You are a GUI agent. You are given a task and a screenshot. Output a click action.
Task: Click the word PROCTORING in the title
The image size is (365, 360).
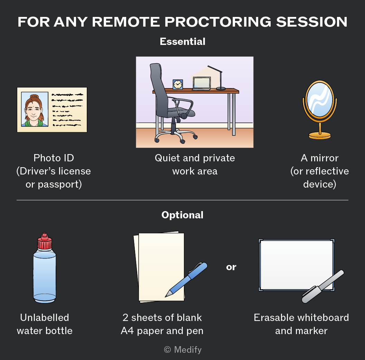pos(218,22)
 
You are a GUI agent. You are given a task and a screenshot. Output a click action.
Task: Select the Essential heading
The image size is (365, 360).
pos(182,42)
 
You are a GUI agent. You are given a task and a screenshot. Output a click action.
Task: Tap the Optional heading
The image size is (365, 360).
pos(182,215)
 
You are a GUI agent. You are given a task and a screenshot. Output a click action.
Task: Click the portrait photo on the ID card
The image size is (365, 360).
pos(35,109)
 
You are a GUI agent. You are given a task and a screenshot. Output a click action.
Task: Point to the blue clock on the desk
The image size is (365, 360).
pos(178,84)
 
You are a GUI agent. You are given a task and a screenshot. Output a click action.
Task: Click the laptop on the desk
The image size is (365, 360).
pos(202,84)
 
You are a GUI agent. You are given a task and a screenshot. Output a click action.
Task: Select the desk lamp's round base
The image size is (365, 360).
pos(221,88)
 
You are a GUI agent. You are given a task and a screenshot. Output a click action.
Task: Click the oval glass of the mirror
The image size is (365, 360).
pos(320,100)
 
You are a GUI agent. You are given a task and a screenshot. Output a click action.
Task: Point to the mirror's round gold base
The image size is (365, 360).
pos(320,135)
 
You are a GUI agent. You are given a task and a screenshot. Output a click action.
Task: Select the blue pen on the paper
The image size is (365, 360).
pos(186,280)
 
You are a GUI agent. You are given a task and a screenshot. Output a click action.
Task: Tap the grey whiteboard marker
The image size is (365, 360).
pos(322,286)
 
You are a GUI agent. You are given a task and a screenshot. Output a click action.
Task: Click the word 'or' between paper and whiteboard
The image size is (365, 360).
pos(231,267)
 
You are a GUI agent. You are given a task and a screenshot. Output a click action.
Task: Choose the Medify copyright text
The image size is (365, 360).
pos(183,350)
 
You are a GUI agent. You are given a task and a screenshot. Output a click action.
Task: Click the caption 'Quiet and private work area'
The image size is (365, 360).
pos(195,164)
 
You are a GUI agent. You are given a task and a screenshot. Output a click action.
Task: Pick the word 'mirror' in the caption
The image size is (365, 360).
pos(324,158)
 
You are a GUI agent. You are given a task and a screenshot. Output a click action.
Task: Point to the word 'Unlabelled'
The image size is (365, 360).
pos(45,318)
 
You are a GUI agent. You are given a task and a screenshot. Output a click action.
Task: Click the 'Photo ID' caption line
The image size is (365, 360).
pos(54,158)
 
